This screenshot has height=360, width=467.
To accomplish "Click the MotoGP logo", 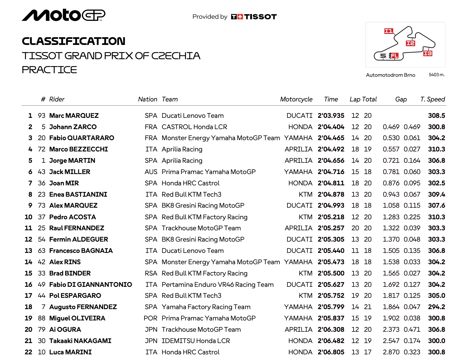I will [x=63, y=15].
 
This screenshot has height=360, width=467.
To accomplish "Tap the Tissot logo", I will [x=254, y=17].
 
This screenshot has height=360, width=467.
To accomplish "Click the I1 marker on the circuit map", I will [x=389, y=31].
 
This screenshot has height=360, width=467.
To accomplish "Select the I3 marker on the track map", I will [x=428, y=53].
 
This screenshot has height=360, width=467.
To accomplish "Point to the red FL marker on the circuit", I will [x=394, y=56].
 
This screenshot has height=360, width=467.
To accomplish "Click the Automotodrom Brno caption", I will [x=390, y=75].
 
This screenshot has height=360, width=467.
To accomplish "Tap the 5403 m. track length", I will [x=437, y=75].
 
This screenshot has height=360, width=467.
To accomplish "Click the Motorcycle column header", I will [x=296, y=99].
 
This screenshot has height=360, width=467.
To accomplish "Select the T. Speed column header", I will [x=432, y=99].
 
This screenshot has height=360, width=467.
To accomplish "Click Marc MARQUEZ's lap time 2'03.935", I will [x=331, y=116].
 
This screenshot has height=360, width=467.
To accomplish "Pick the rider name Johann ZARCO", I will [x=73, y=127].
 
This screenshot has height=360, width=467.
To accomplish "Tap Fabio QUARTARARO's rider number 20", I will [x=42, y=138].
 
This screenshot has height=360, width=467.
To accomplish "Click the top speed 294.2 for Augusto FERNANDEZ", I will [x=436, y=307].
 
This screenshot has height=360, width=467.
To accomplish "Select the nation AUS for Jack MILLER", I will [x=151, y=172].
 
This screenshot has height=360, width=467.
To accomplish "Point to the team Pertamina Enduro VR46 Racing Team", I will [x=217, y=285].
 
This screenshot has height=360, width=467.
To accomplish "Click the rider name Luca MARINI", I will [x=70, y=352].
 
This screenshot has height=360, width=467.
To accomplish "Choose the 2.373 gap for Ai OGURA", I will [x=391, y=330].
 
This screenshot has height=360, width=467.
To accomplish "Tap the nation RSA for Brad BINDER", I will [x=151, y=273].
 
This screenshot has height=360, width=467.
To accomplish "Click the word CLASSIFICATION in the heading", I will [x=74, y=41].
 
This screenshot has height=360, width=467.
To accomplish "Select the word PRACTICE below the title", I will [x=49, y=70].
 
